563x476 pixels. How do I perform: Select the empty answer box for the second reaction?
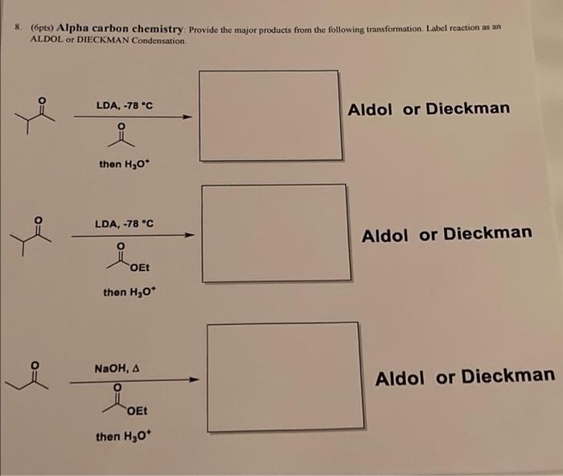[x=273, y=233]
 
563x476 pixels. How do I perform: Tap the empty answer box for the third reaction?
[x=283, y=375]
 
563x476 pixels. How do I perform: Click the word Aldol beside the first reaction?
[x=370, y=109]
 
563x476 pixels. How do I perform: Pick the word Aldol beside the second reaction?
[x=384, y=235]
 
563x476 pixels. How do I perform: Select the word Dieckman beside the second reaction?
[x=487, y=234]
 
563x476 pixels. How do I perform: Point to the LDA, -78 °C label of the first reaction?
[x=124, y=105]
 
